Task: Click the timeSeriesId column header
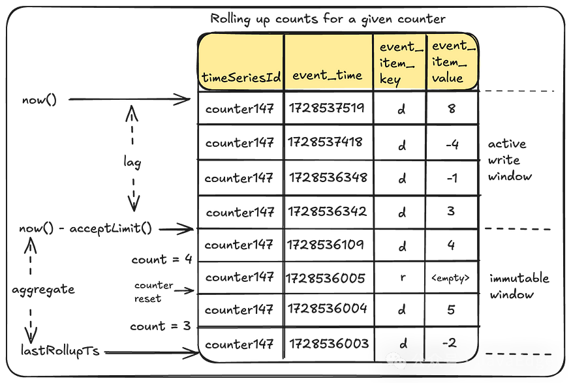coord(241,78)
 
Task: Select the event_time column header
coord(327,75)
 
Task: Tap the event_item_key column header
coord(397,63)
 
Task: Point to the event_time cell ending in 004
coord(329,309)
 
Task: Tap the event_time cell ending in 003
coord(329,343)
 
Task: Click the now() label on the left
coord(39,100)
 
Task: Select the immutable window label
coord(519,286)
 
